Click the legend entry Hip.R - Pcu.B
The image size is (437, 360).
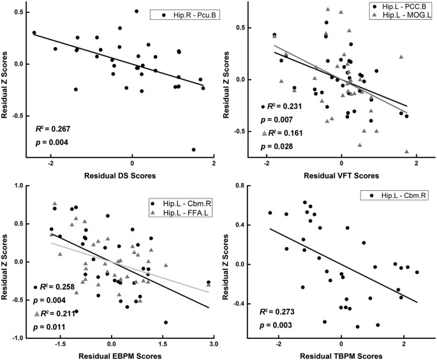tap(186, 14)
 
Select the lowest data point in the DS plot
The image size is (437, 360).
tap(193, 149)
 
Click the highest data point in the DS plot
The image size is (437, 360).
tap(137, 11)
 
